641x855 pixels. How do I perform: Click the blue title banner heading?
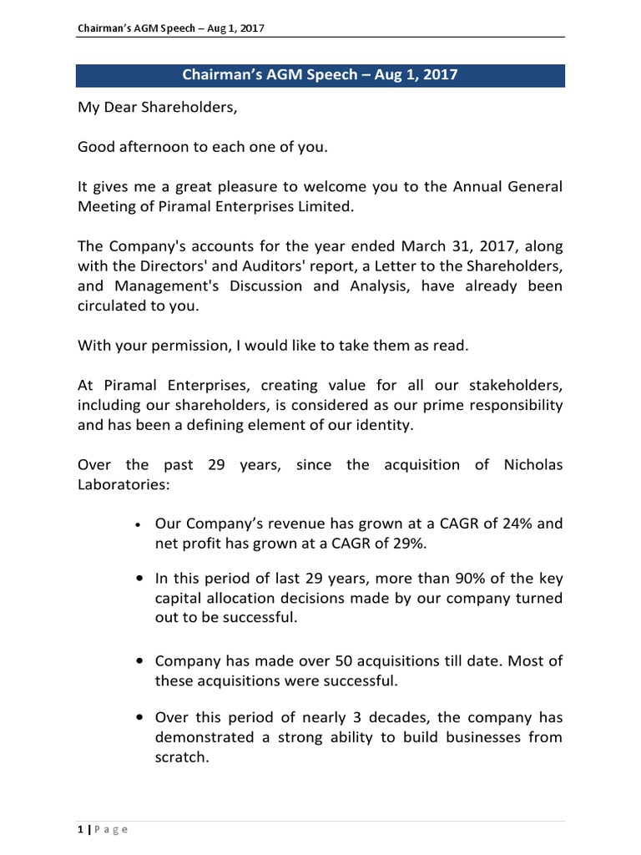coord(320,74)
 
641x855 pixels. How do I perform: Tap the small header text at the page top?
coord(171,28)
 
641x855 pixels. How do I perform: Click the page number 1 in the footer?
coord(80,829)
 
